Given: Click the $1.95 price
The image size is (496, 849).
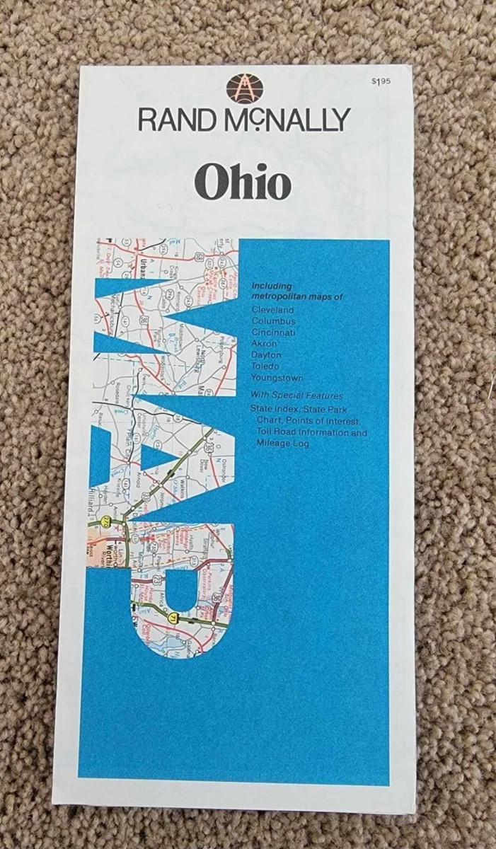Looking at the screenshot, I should (381, 82).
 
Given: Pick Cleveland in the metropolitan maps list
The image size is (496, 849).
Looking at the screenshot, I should (272, 310).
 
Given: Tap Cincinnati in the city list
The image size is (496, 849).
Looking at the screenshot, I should (273, 333).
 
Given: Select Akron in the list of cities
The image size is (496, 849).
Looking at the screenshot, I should (264, 344).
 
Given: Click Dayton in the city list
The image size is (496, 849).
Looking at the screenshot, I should (266, 355).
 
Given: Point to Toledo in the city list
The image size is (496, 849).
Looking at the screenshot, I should (265, 366).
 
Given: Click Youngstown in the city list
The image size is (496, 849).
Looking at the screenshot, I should (277, 378).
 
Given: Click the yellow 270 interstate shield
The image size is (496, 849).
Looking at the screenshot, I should (106, 521).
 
